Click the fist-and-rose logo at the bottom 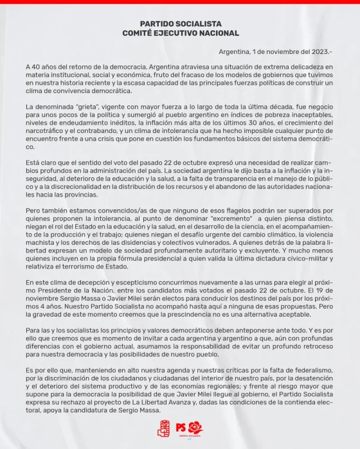pos(163,428)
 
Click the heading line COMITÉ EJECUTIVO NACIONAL pos(180,33)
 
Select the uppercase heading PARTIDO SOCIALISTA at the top pos(180,24)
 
